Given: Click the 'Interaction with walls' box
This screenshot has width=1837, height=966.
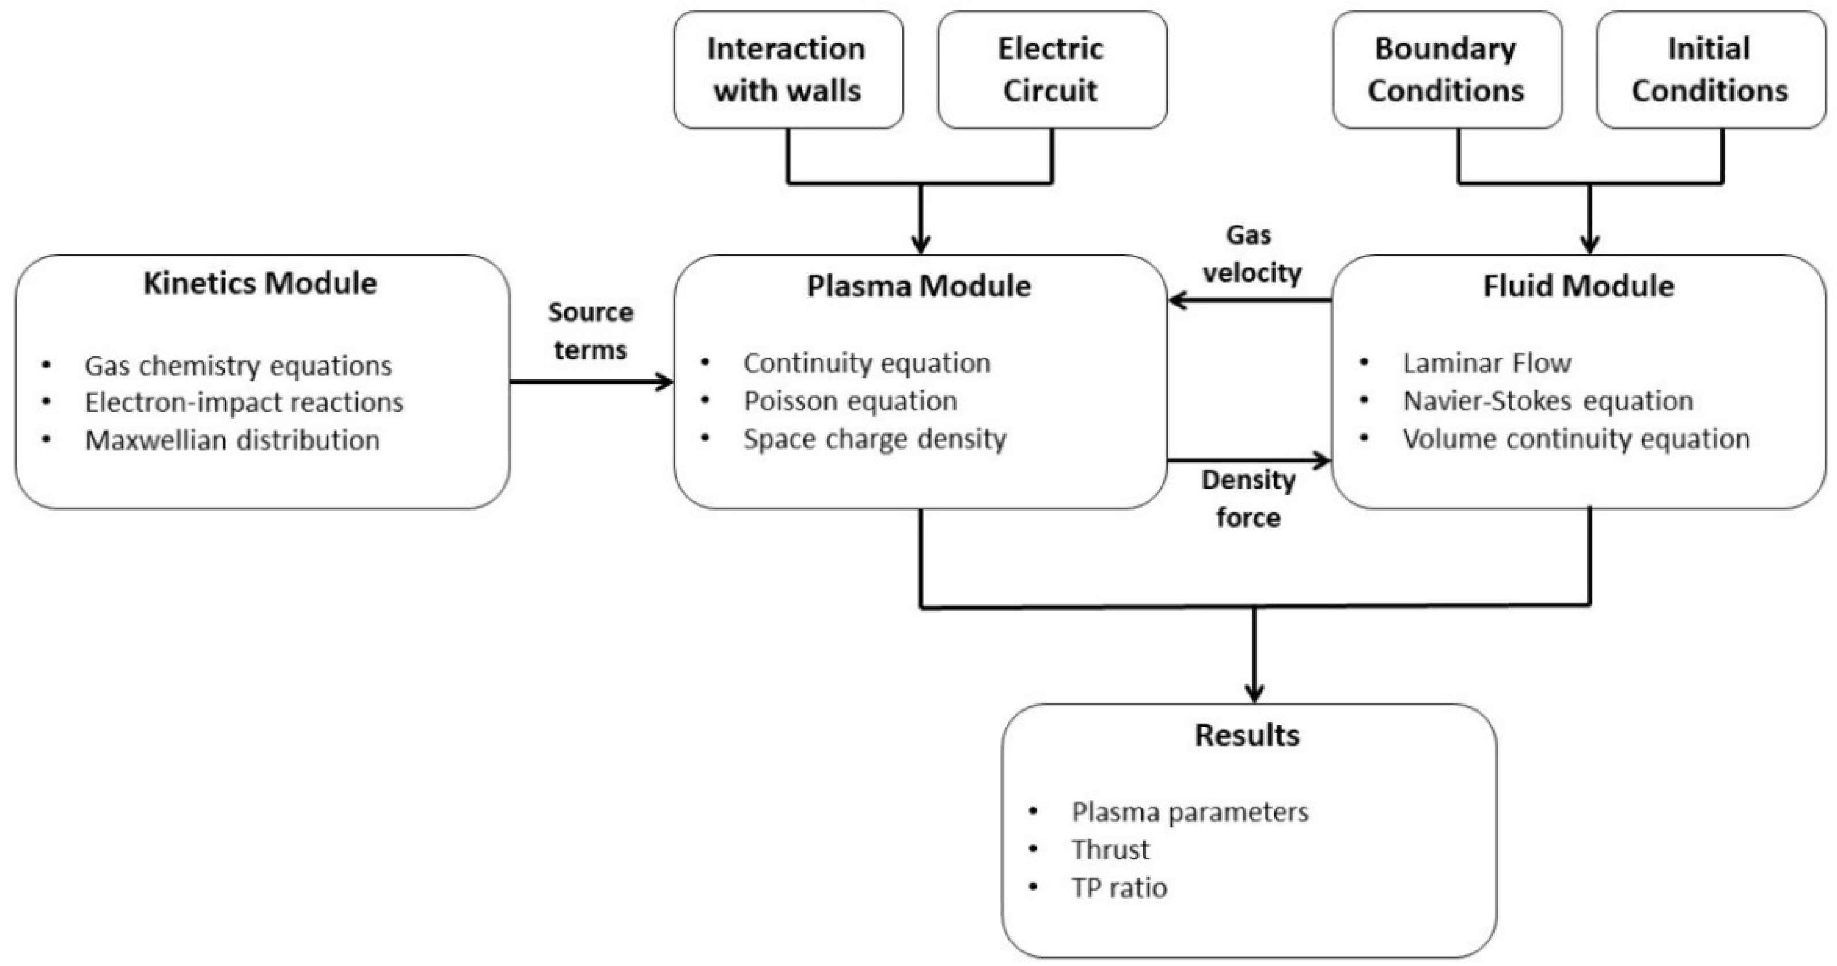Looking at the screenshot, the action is point(788,70).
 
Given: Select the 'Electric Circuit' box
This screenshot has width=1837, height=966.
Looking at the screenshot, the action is point(1052,70).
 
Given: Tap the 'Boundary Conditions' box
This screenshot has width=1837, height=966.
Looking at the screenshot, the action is point(1447,70).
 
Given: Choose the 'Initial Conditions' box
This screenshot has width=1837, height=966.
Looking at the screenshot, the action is point(1711,70).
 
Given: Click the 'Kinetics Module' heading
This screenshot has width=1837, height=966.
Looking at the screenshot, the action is point(260,283).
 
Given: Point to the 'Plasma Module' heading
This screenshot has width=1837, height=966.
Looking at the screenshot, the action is point(919,286).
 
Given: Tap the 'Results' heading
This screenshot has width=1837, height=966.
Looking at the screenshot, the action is point(1248,735).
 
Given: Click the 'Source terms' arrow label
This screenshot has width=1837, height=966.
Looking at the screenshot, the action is point(590,331).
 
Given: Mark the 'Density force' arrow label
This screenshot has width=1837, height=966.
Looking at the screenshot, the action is point(1248,499).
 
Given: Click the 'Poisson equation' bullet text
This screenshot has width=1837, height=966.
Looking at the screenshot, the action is point(850,401).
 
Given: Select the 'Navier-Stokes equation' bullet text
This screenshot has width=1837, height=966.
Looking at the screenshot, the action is point(1548,401).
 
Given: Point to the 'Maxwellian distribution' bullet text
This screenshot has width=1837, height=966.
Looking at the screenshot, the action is point(233,440).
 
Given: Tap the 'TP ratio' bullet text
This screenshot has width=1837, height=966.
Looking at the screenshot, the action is point(1119,888).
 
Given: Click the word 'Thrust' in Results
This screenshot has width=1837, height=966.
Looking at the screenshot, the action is point(1110,850).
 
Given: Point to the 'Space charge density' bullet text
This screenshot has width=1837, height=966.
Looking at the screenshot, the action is point(875,439).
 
